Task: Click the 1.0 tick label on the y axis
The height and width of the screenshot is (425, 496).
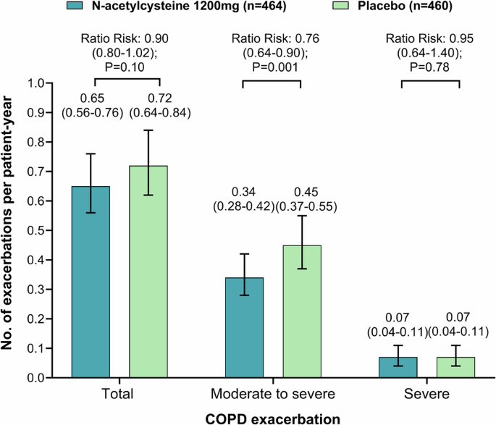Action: click(x=49, y=83)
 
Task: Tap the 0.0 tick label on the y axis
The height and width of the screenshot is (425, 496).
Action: click(x=49, y=378)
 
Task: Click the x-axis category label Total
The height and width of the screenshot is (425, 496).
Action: click(x=119, y=394)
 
